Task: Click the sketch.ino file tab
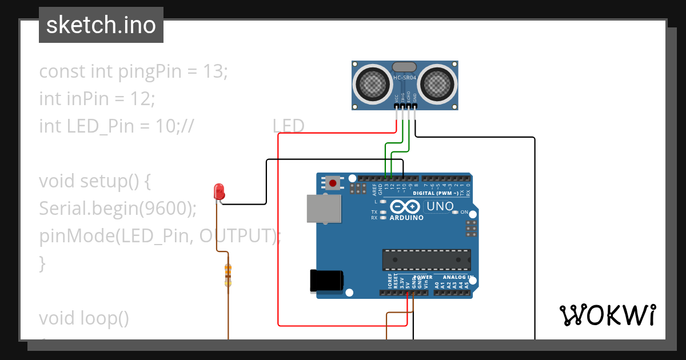[101, 25]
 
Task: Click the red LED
[218, 191]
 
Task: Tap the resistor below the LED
[228, 275]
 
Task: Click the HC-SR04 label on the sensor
[405, 78]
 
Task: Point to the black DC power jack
[326, 281]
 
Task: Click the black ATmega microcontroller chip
[426, 259]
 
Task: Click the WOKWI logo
[607, 315]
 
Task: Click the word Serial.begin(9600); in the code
[118, 209]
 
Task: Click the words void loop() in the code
[84, 318]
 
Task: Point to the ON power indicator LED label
[464, 213]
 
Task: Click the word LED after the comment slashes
[288, 126]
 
